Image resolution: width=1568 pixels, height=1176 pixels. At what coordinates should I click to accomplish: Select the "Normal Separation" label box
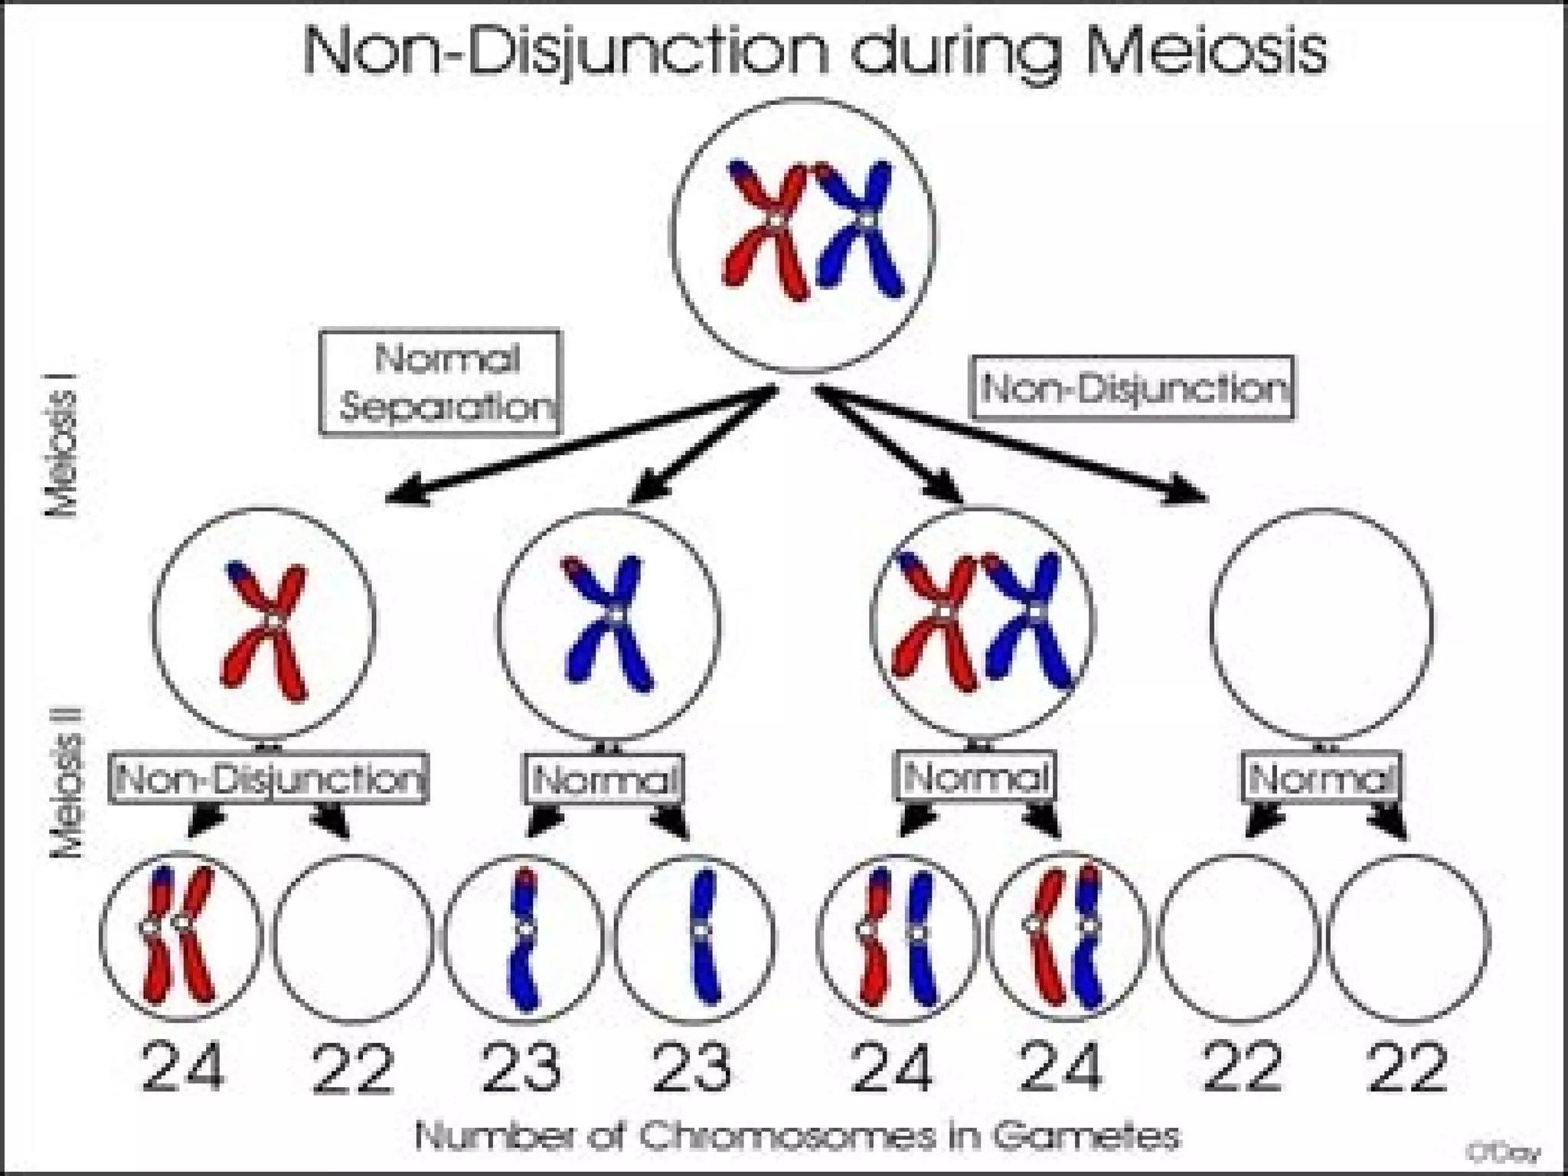[440, 383]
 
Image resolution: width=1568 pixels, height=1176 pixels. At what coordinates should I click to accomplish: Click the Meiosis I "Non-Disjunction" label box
[1135, 388]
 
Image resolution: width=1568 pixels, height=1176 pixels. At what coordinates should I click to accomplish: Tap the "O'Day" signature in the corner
[1504, 1151]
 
